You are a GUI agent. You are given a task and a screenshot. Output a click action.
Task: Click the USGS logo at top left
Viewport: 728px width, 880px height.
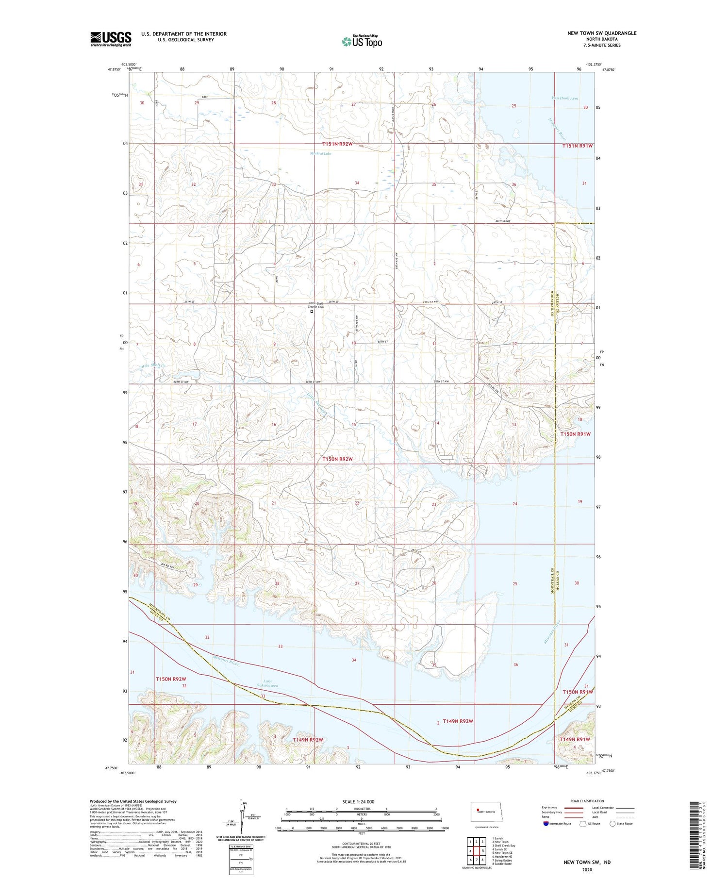(x=111, y=39)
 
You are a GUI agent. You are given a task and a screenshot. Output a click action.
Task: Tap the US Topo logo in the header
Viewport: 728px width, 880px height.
(x=362, y=42)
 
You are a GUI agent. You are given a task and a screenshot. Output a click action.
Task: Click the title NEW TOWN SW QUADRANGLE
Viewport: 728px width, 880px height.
(x=602, y=33)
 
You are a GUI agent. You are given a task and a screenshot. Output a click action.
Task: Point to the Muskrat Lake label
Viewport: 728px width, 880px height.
(x=320, y=154)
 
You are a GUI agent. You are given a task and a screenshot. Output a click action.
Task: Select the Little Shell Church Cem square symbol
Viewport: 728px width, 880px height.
(x=312, y=312)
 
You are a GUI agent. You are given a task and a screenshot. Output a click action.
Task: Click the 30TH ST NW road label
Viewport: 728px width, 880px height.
(x=503, y=221)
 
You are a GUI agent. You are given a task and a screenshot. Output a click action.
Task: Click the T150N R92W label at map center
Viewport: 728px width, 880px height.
(x=338, y=459)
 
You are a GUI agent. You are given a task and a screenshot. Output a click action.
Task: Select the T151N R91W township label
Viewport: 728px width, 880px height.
(x=577, y=146)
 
